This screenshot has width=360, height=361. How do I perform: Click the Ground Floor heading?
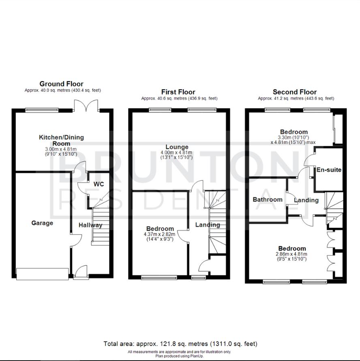61,84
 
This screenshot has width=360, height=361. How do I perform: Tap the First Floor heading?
178,92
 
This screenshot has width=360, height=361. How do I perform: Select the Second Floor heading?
295,92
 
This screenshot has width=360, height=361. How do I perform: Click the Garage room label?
42,223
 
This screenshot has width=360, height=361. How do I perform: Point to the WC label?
99,184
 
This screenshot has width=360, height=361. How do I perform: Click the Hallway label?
90,225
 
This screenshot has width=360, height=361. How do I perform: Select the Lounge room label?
177,147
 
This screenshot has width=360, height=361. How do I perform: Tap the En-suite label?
329,170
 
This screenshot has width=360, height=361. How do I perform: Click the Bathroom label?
268,199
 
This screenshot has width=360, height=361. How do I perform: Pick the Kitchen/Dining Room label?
61,140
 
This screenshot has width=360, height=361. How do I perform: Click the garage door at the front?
42,274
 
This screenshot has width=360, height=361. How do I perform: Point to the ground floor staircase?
99,225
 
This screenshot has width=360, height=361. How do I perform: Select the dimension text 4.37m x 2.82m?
160,234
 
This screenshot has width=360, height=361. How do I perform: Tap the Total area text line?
180,344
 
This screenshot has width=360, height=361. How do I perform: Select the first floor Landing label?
208,224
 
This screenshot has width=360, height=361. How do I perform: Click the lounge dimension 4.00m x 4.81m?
177,152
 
